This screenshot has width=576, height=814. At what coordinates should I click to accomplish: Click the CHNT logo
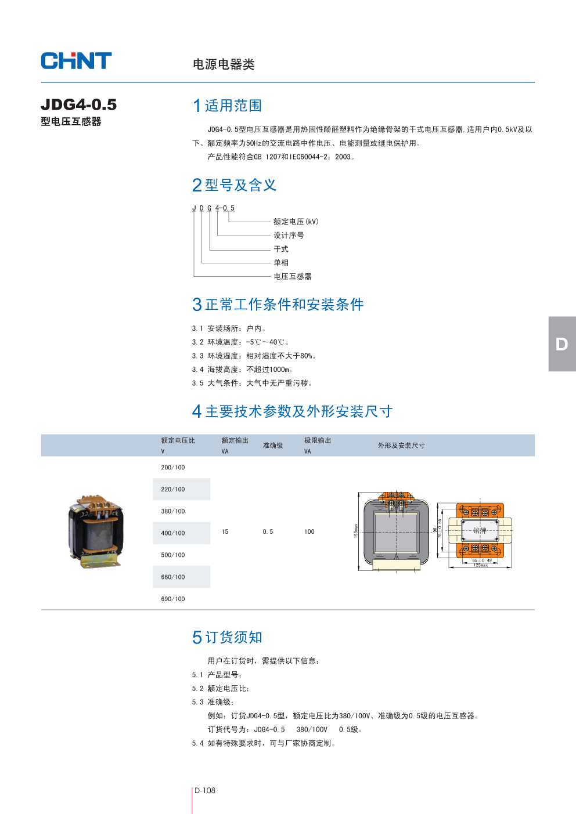76,61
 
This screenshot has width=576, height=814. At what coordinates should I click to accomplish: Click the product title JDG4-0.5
79,104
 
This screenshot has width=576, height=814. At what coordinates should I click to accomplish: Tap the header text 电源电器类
224,64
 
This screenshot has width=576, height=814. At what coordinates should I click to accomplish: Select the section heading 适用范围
233,106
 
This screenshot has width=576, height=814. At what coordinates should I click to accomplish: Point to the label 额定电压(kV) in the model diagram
296,222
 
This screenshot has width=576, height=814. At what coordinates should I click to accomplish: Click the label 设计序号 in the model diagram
289,235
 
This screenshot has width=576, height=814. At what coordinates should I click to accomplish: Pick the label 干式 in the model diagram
281,249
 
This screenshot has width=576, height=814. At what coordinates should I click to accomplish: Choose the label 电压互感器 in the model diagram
293,276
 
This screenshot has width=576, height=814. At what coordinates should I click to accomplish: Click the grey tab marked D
561,344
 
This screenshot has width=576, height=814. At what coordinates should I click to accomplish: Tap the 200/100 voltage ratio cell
173,468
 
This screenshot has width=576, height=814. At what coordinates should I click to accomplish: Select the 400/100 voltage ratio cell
173,533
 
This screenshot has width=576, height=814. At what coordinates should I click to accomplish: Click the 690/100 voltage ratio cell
173,599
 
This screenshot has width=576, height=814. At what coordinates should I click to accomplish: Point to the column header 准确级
273,446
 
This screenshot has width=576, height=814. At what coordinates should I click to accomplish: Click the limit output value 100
309,531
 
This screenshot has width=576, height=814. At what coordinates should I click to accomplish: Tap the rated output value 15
225,531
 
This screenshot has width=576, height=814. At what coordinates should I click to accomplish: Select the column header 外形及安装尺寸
401,446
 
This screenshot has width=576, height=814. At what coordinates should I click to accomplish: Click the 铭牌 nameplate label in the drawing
480,530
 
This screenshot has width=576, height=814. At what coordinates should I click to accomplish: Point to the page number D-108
205,790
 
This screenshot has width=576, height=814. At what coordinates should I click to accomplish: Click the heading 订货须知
234,637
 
